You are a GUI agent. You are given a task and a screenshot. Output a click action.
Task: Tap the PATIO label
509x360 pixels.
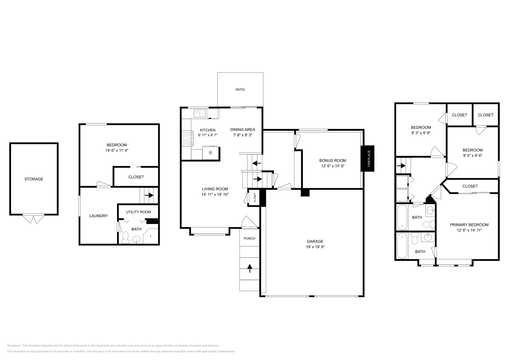tap(240, 90)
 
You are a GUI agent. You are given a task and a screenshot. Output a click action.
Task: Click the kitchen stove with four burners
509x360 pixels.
tap(186, 139)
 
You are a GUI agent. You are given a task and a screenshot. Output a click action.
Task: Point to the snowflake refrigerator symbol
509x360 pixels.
tap(210, 153)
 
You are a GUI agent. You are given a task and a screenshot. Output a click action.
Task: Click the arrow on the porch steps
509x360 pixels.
tap(250, 269)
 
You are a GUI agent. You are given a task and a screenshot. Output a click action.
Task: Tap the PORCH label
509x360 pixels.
tap(249, 239)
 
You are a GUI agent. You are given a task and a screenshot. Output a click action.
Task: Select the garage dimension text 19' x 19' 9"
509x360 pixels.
tap(315, 247)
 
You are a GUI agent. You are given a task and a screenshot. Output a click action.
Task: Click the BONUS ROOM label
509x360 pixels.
tap(333, 161)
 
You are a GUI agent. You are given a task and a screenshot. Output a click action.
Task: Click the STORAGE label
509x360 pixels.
tap(34, 179)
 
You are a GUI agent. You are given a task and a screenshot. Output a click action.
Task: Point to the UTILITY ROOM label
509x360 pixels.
tap(138, 212)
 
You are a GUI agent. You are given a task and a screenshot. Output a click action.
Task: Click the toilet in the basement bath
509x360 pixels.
tap(125, 237)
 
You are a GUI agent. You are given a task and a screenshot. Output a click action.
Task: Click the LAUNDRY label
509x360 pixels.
tap(99, 216)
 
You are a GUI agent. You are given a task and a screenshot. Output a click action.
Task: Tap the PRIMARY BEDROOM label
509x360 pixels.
tap(469, 225)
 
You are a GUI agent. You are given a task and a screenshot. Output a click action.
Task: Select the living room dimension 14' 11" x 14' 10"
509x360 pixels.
tap(215, 194)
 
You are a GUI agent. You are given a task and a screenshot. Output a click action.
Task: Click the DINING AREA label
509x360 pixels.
tap(243, 129)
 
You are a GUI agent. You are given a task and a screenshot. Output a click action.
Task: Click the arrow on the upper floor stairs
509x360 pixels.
tap(401, 166)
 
